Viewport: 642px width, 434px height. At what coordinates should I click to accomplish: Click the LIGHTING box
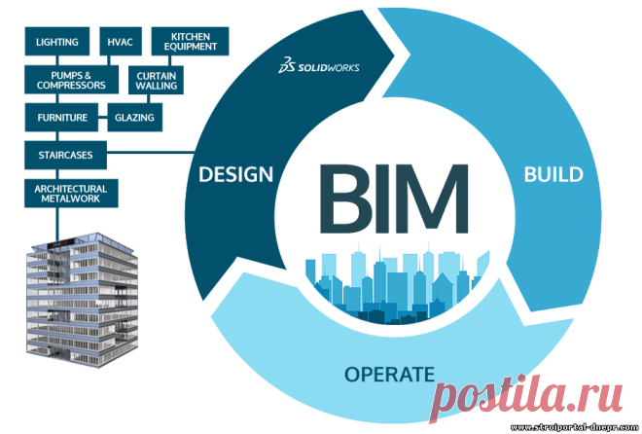pyautogui.click(x=57, y=41)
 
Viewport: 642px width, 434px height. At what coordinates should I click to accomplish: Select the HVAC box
pyautogui.click(x=121, y=41)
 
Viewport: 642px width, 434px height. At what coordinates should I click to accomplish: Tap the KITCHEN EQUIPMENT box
pyautogui.click(x=190, y=41)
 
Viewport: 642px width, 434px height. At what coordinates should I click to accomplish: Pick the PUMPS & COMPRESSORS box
pyautogui.click(x=72, y=80)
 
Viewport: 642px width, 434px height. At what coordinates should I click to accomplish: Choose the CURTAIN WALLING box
pyautogui.click(x=156, y=80)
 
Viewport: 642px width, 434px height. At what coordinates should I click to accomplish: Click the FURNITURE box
pyautogui.click(x=61, y=118)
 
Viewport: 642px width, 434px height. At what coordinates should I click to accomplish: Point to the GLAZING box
pyautogui.click(x=134, y=118)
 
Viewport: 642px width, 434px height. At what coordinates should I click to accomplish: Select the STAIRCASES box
pyautogui.click(x=65, y=155)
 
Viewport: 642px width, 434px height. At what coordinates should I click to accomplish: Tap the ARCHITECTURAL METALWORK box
pyautogui.click(x=71, y=194)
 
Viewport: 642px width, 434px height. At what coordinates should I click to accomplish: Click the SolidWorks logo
pyautogui.click(x=318, y=66)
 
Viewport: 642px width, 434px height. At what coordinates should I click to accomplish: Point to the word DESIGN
pyautogui.click(x=235, y=174)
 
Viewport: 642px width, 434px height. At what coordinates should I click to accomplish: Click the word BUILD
pyautogui.click(x=553, y=174)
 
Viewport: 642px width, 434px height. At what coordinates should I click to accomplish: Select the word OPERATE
pyautogui.click(x=389, y=375)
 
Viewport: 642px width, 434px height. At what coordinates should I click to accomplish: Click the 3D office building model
pyautogui.click(x=82, y=300)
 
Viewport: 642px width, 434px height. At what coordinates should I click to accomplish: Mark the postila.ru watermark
pyautogui.click(x=526, y=397)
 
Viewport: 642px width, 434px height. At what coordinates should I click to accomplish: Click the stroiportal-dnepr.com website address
pyautogui.click(x=575, y=428)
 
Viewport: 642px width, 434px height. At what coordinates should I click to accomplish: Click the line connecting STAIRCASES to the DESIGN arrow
pyautogui.click(x=151, y=153)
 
